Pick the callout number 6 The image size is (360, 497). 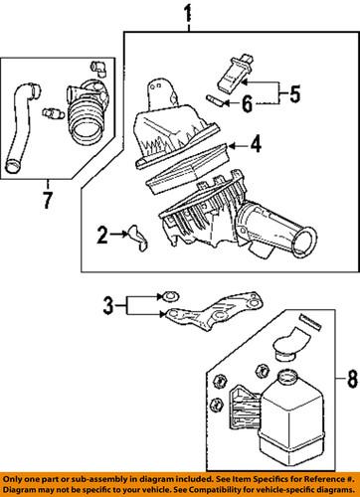pyautogui.click(x=248, y=100)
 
